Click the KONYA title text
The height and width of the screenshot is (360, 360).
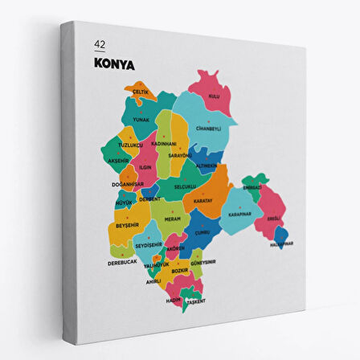pyautogui.click(x=114, y=61)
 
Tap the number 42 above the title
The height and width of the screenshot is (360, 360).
pyautogui.click(x=100, y=43)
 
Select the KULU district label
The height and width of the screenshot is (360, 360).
pyautogui.click(x=215, y=96)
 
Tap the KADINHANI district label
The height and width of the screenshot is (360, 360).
pyautogui.click(x=165, y=142)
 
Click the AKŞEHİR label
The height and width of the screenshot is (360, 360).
pyautogui.click(x=118, y=161)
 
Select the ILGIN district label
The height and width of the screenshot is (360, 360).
pyautogui.click(x=145, y=167)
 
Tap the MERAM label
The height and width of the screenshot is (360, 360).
pyautogui.click(x=172, y=217)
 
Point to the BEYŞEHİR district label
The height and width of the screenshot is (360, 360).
pyautogui.click(x=129, y=226)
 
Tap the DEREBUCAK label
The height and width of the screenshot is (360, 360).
pyautogui.click(x=123, y=262)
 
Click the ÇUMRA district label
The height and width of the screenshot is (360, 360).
pyautogui.click(x=201, y=232)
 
